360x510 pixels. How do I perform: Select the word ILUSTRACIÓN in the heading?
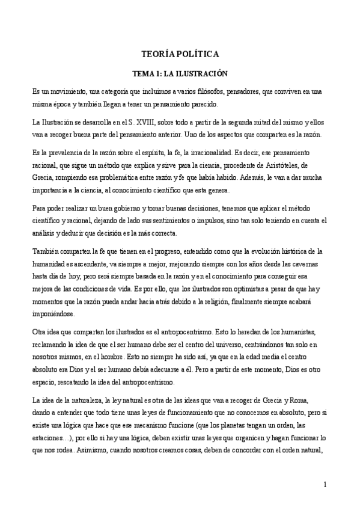tap(206, 74)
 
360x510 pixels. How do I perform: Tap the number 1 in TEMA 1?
tap(156, 74)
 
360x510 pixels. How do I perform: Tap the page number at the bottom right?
tap(325, 484)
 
